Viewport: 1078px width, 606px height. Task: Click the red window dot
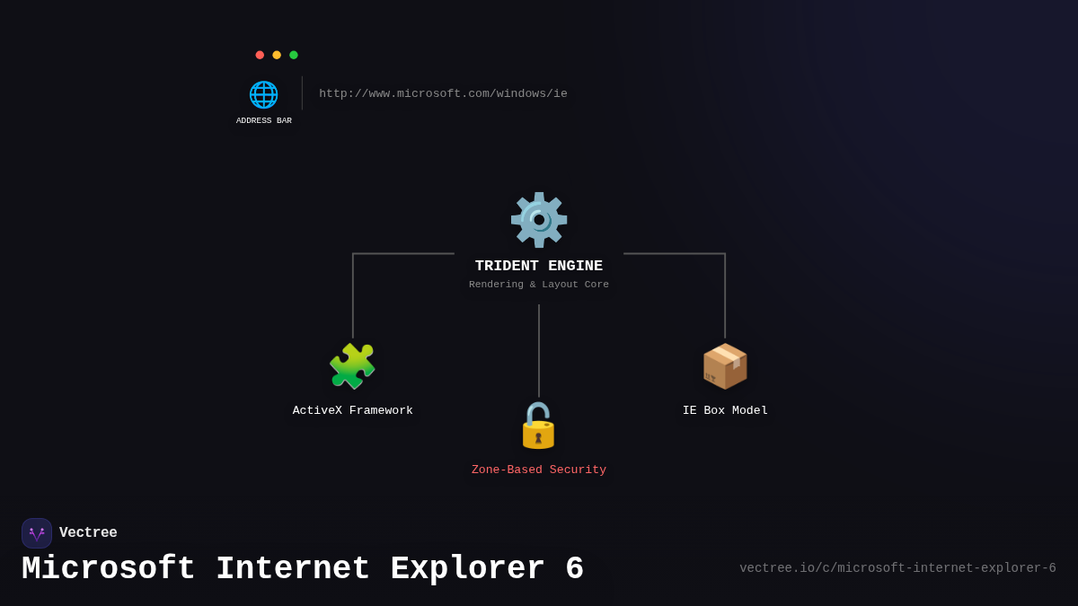[260, 55]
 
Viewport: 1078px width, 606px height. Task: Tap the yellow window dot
[277, 55]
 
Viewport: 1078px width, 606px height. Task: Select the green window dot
[294, 55]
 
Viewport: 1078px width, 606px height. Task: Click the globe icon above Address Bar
[263, 94]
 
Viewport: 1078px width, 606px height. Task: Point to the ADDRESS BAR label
[264, 121]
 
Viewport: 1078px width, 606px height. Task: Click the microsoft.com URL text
[443, 93]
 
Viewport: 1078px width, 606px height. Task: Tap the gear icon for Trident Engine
[539, 220]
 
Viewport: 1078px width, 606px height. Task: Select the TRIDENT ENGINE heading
[539, 267]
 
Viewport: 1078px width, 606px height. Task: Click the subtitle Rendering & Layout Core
[539, 285]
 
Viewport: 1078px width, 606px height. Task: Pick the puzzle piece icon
[352, 366]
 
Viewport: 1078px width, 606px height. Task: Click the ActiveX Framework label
[353, 410]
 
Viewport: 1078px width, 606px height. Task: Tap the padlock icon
[538, 426]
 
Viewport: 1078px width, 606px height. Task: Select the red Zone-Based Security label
[539, 470]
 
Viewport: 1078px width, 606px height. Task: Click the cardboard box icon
[725, 366]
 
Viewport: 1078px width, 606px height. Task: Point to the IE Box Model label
[725, 410]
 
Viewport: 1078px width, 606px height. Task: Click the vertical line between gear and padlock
[539, 350]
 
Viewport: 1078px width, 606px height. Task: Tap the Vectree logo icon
[37, 533]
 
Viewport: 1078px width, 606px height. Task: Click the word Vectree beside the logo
[88, 533]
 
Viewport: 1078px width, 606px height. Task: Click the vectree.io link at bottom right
[897, 568]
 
